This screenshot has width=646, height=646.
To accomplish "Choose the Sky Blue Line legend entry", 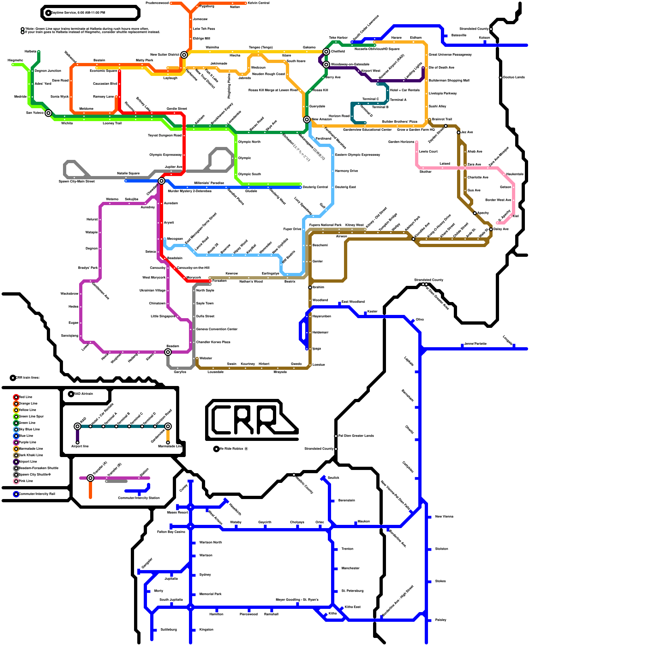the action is point(28,429).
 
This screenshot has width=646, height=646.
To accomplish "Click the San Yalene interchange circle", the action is point(48,113).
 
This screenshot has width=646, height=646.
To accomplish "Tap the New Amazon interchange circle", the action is point(307,120).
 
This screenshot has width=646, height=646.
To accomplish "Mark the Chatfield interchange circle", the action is point(326,52).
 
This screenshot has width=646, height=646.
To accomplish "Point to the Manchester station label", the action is point(350,568).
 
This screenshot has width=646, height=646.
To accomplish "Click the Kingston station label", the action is point(206,629).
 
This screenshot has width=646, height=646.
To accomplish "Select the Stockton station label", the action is point(441,549).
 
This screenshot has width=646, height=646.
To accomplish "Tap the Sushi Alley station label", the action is point(437,106).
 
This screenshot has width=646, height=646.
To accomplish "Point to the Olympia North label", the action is point(249,142).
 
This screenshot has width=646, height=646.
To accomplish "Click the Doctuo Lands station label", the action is point(514,77).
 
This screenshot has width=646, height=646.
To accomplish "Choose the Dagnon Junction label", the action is point(48,71).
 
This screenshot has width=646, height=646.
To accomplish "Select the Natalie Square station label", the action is point(128,173).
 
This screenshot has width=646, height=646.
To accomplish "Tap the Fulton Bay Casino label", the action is point(171,532).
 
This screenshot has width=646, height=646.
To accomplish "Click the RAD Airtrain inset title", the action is point(83,394).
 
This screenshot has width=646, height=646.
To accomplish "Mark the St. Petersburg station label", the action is point(352,591).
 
